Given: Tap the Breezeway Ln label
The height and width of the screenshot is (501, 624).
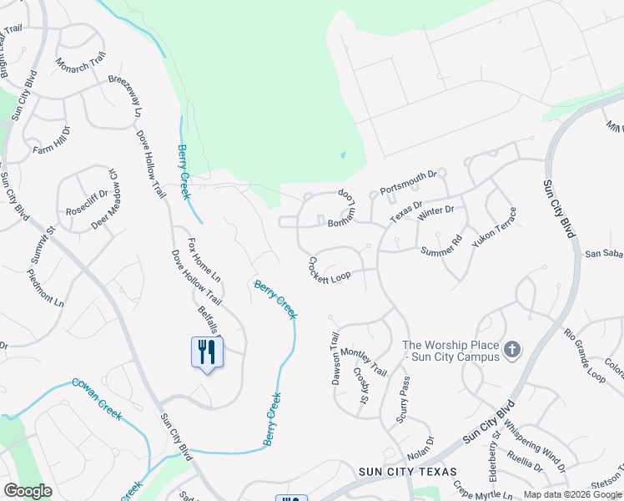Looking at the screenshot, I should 125,98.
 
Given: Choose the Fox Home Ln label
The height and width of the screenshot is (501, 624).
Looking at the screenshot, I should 204,260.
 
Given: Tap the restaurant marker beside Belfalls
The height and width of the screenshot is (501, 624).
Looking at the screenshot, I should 206,352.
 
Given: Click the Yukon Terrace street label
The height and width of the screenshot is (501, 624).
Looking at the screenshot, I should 494,226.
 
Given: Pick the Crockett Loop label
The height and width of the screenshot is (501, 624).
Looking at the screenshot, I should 330,271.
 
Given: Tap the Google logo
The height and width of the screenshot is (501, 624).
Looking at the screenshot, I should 28,491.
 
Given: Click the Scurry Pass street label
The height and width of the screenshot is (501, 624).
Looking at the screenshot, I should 403,399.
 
